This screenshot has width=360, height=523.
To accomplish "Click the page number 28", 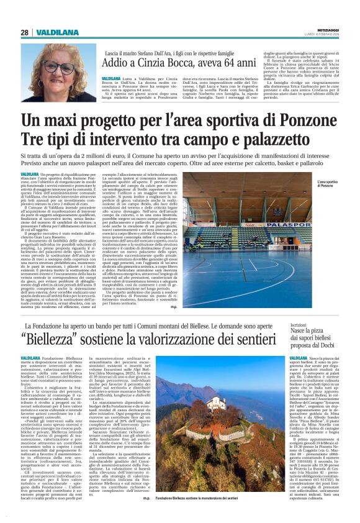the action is click(24, 32).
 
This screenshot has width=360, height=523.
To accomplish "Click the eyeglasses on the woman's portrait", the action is click(58, 66).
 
